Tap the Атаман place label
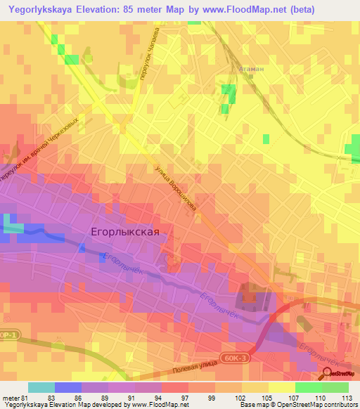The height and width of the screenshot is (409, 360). [251, 70]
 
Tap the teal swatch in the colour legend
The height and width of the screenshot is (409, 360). [41, 387]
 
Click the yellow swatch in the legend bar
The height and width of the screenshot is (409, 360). [282, 387]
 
